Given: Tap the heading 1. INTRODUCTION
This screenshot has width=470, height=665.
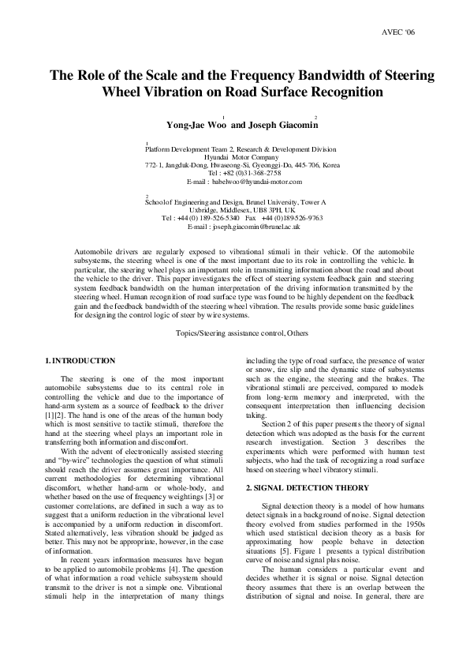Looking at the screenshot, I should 82,361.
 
